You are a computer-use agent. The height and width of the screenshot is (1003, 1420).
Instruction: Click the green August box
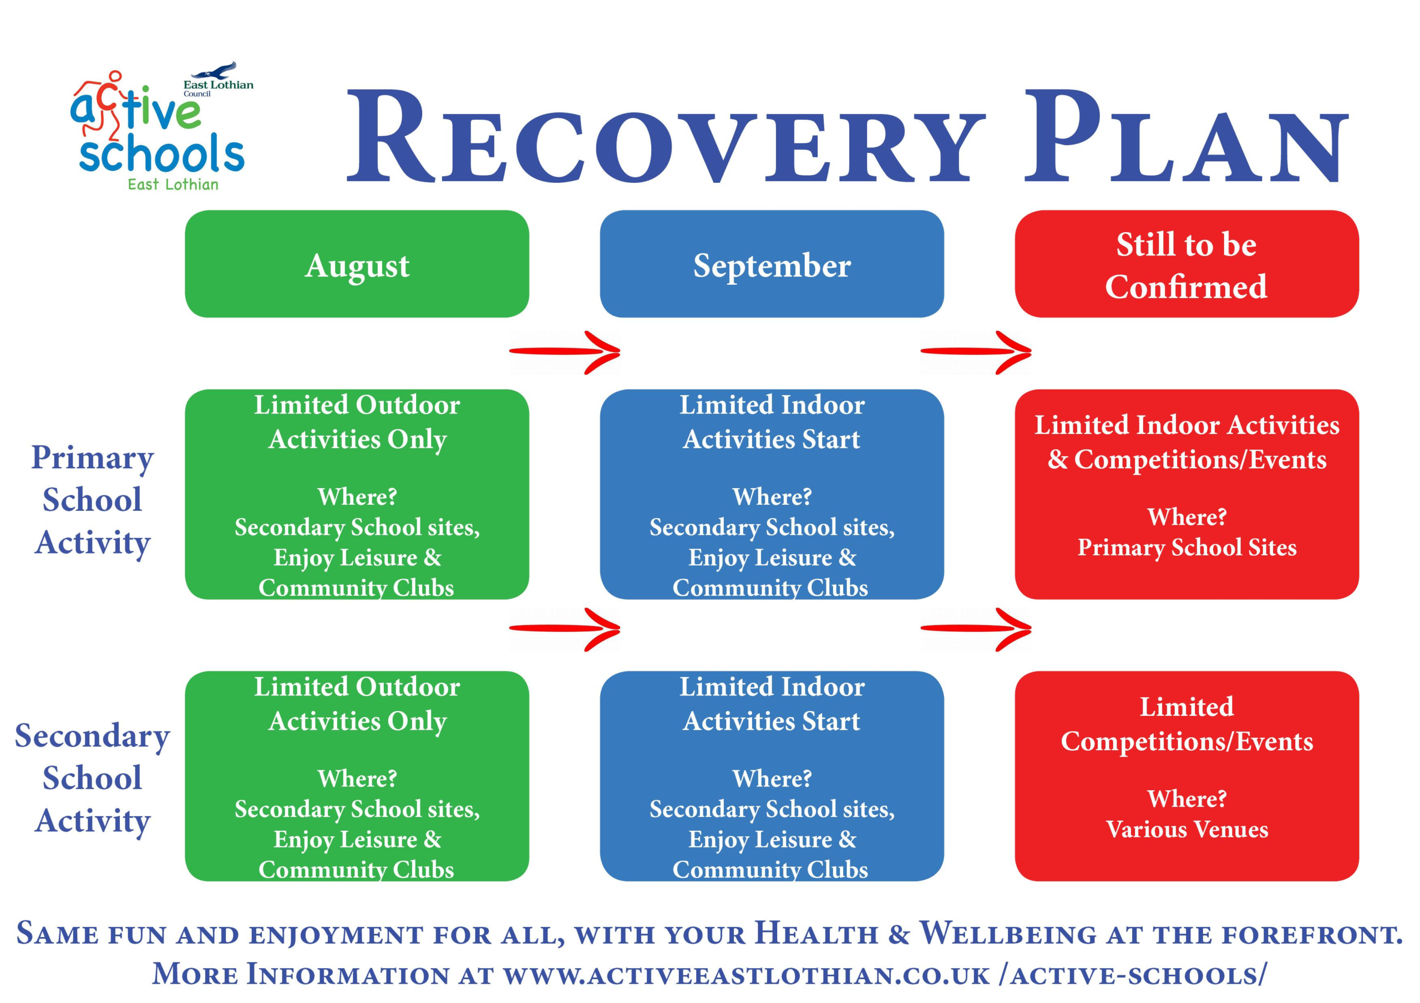(357, 264)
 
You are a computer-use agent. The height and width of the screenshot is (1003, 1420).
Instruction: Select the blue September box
(771, 264)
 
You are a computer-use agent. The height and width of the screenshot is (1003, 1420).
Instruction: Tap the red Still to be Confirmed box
(1186, 264)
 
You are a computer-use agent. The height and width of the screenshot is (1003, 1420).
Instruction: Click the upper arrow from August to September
(565, 352)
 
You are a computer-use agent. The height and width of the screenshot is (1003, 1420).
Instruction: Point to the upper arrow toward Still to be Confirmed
(976, 352)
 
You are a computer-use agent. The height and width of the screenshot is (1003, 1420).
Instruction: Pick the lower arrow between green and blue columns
(565, 629)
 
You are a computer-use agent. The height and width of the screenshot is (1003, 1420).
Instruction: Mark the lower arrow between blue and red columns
(976, 629)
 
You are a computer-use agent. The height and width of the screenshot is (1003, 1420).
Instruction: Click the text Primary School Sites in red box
(1186, 547)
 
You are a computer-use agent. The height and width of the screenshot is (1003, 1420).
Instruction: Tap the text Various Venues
(1186, 830)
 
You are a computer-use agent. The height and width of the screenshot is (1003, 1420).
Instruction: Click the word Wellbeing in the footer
(1008, 934)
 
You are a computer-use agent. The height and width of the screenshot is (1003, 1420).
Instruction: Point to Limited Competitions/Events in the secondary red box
(1186, 724)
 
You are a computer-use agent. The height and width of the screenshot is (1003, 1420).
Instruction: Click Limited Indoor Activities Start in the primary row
(771, 422)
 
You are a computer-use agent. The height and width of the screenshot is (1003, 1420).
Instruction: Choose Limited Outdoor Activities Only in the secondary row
(357, 704)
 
